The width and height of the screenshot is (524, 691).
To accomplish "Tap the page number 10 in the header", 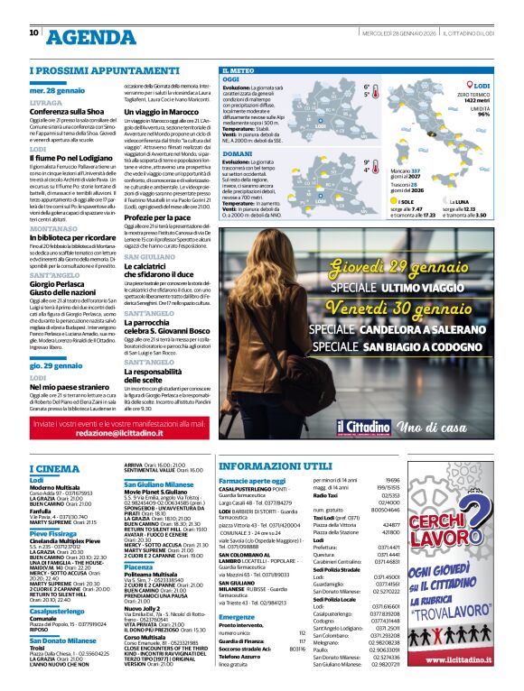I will tap(33, 32).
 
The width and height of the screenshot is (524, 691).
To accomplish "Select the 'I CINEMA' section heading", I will tap(55, 469).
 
